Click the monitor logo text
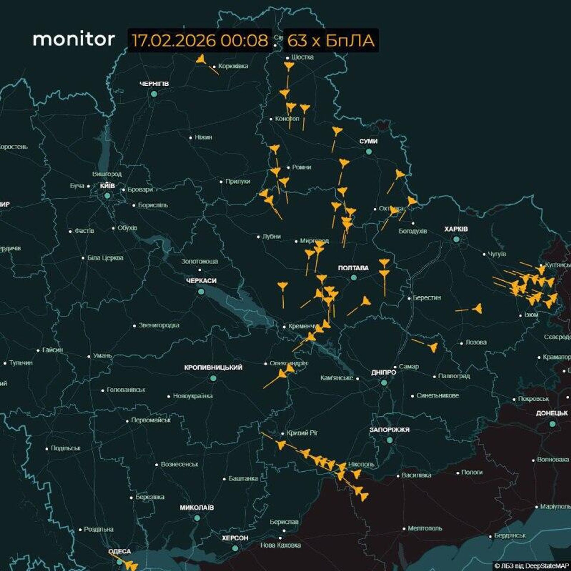coord(74,40)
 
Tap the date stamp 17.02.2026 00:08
coord(200,40)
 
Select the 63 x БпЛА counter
coord(331,40)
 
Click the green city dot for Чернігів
coord(154,94)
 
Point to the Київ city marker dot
coord(107,196)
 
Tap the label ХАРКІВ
coord(456,229)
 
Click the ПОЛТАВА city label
coord(353,268)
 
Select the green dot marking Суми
coord(368,151)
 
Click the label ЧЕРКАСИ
coord(201,281)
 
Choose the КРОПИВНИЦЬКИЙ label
coord(213,368)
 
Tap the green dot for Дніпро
coord(384,383)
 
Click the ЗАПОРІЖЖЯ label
coord(389,430)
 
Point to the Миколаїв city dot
coord(197,518)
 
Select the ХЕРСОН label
coord(235,538)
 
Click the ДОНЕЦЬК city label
coord(552,413)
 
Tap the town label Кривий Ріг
coord(302,433)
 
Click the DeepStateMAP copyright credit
coord(531,566)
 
